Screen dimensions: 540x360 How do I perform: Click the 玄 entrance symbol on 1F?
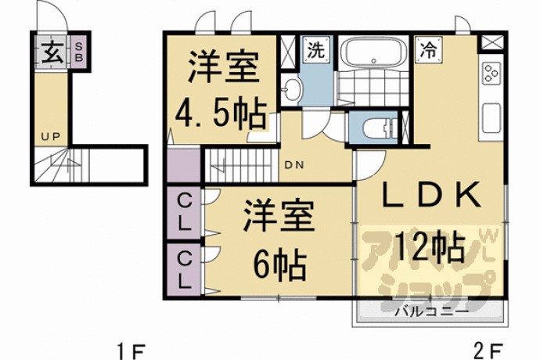52,52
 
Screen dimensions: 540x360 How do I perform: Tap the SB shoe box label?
79,52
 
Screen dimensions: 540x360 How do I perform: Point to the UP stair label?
51,137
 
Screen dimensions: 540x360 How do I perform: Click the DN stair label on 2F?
294,165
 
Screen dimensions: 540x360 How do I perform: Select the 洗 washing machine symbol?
316,50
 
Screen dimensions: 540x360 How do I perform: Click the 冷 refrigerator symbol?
428,50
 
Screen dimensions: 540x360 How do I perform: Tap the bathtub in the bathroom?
373,53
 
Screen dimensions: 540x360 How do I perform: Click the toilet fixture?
379,128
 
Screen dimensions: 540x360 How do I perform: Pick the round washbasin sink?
292,89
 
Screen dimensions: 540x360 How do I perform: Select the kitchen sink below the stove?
491,118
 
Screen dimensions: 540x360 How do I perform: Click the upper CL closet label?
184,212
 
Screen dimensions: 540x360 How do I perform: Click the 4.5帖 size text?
221,115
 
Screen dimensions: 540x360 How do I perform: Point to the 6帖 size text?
279,265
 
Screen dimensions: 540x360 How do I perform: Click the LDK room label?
431,195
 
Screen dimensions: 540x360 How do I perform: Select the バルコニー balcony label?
432,311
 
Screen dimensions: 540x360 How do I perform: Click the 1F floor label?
131,351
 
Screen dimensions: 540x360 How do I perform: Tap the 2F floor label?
488,351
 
